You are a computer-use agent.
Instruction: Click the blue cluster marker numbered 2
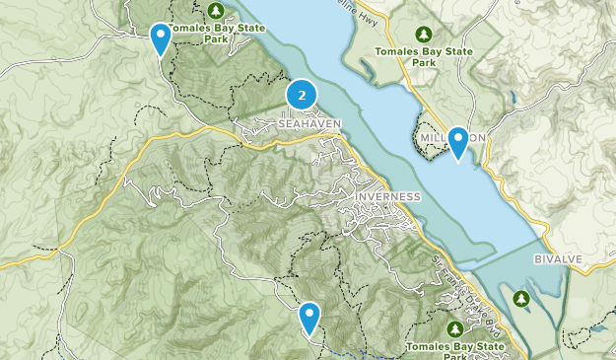pos(302,96)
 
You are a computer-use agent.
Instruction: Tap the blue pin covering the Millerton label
pos(457,142)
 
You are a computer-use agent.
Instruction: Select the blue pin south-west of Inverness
pos(310,318)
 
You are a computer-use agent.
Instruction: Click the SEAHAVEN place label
pos(309,123)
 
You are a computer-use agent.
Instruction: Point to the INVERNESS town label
pos(386,196)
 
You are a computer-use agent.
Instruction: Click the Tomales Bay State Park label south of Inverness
pos(456,349)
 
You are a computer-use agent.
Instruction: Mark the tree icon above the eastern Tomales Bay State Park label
pos(425,33)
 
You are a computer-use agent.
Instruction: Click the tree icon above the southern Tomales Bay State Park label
pos(455,327)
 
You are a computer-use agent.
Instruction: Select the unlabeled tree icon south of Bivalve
pos(518,297)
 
